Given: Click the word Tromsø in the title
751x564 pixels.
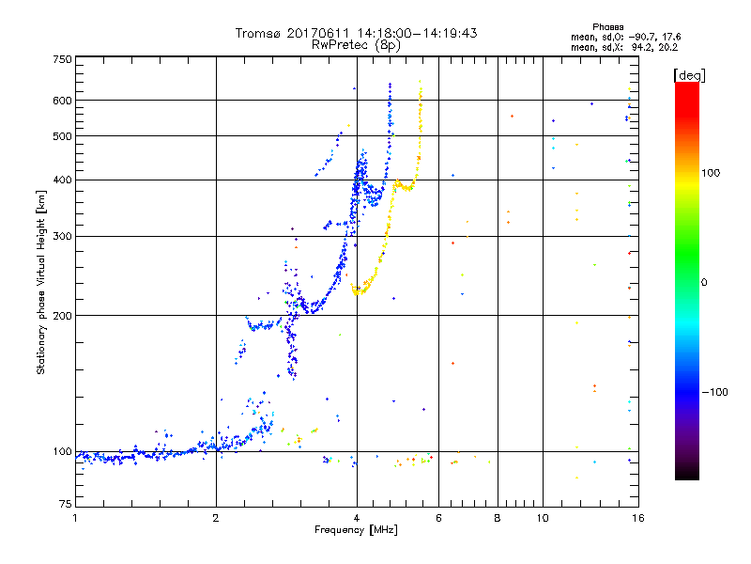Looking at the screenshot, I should [x=259, y=33].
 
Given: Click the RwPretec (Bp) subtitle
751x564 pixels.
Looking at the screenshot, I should [x=357, y=44].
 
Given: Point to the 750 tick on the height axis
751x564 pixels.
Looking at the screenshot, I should [x=62, y=58].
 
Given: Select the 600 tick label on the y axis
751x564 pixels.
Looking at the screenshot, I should [x=62, y=101].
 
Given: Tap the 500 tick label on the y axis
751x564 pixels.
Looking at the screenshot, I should [x=62, y=136].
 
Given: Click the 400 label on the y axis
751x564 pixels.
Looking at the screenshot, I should [x=62, y=180].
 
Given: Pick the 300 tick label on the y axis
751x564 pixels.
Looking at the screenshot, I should [x=62, y=236].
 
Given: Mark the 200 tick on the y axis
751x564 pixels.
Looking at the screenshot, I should [x=62, y=316].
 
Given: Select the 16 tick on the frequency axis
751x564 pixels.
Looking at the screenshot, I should [x=636, y=518].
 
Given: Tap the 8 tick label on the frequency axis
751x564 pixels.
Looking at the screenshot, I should [x=498, y=518].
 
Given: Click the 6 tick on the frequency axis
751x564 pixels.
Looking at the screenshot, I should [x=439, y=518].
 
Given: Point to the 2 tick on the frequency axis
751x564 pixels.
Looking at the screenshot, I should [x=216, y=518].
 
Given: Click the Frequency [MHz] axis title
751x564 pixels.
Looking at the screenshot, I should [x=356, y=531].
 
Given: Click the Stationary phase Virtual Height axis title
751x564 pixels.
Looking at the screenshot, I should [x=41, y=282].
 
